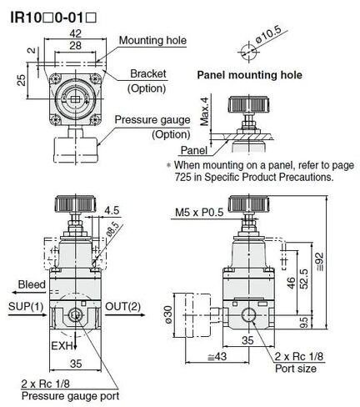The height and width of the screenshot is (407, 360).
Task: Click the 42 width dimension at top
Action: pos(75,33)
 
